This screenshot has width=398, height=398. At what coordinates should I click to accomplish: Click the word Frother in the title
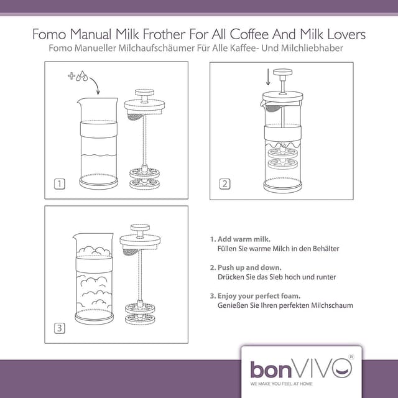164,34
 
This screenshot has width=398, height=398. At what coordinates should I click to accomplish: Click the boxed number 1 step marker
60,184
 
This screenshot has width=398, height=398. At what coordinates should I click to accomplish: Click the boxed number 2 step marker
224,184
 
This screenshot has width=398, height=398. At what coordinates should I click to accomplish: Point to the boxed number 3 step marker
60,328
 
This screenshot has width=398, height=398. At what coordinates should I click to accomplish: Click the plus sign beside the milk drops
72,76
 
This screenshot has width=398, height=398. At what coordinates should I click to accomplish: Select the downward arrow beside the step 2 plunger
268,76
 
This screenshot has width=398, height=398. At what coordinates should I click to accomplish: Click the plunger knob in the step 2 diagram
282,72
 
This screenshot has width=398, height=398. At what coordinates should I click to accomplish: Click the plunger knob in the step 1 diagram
144,92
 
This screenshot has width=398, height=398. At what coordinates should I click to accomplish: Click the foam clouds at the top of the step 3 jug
95,251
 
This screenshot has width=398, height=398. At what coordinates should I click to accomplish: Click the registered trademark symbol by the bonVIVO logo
351,356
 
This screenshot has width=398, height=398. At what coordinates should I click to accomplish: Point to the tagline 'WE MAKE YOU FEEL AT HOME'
281,384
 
